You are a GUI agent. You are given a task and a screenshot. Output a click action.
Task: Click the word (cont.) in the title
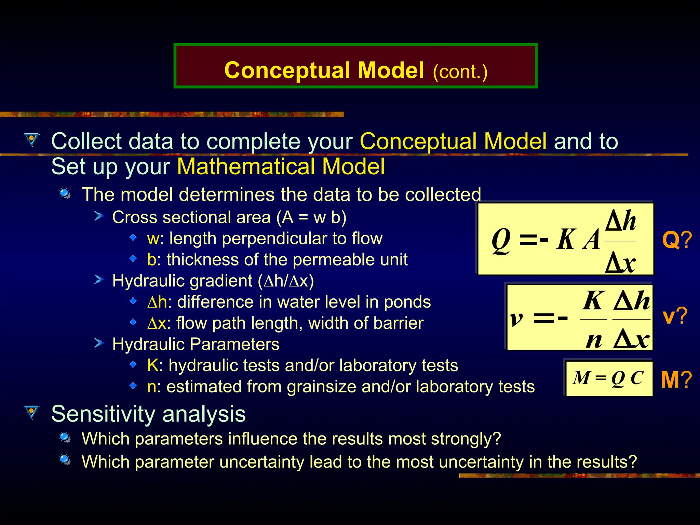pyautogui.click(x=460, y=72)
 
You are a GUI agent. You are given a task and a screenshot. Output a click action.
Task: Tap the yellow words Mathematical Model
pyautogui.click(x=281, y=167)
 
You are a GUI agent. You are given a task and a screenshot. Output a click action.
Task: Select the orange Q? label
pyautogui.click(x=676, y=240)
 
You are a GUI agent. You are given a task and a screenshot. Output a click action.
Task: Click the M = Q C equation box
pyautogui.click(x=608, y=378)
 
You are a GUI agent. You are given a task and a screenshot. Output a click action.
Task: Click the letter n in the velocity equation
pyautogui.click(x=594, y=340)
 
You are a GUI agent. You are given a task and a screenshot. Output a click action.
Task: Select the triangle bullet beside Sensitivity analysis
pyautogui.click(x=32, y=412)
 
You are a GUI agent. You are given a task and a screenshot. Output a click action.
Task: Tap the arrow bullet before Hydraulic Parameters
pyautogui.click(x=99, y=343)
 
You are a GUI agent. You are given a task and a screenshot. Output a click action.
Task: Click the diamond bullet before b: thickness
pyautogui.click(x=133, y=259)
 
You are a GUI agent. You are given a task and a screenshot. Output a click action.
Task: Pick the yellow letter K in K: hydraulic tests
pyautogui.click(x=152, y=365)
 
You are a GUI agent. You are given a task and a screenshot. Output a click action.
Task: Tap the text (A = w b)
pyautogui.click(x=311, y=217)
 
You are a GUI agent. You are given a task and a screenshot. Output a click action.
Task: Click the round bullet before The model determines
pyautogui.click(x=65, y=194)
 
